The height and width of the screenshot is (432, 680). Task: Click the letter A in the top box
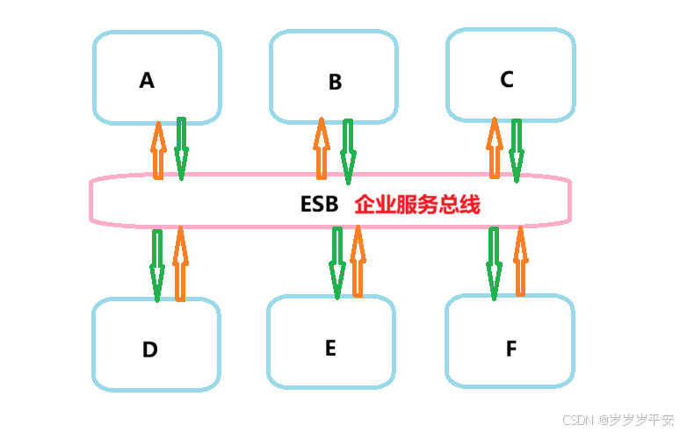(x=147, y=81)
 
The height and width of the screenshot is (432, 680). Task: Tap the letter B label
(x=335, y=83)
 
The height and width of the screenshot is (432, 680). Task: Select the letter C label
(x=507, y=79)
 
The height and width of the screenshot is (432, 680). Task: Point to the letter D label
(x=150, y=349)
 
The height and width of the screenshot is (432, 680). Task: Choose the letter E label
(x=330, y=348)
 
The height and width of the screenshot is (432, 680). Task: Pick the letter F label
(x=511, y=349)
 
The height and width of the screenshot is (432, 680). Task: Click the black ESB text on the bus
(x=319, y=205)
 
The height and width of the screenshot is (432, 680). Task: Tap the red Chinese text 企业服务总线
(x=417, y=205)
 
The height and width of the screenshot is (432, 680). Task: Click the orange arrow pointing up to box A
(x=158, y=150)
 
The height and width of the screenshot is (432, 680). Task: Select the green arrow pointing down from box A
(x=181, y=148)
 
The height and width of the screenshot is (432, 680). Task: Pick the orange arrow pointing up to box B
(x=322, y=149)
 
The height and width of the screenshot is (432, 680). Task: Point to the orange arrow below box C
(x=494, y=149)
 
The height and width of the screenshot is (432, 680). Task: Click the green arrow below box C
(x=516, y=150)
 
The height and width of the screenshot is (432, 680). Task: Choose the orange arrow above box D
(x=180, y=263)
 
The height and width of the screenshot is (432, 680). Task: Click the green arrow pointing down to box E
(x=336, y=263)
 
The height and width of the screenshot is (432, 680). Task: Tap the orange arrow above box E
(x=358, y=261)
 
